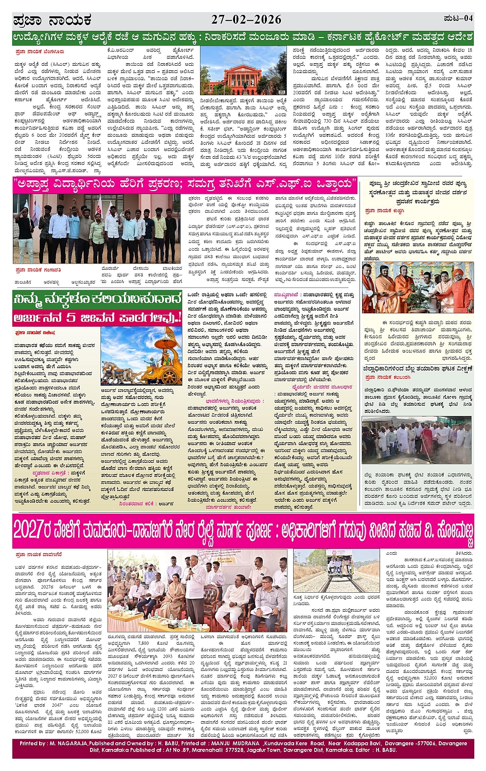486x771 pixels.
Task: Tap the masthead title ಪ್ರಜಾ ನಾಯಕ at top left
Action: click(x=52, y=21)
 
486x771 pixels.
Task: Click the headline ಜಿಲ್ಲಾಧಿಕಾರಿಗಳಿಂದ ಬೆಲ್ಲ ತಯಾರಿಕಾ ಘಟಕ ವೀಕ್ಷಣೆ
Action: click(x=417, y=369)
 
